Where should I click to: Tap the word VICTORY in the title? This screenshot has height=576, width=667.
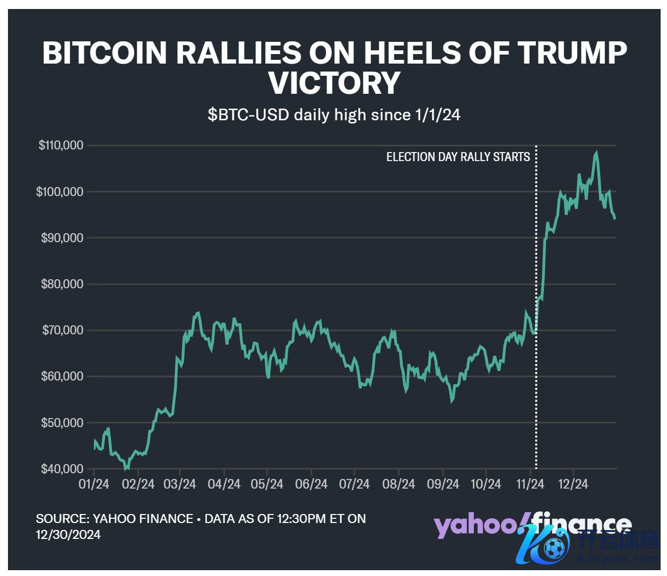[334, 83]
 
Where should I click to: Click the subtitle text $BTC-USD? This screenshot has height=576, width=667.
[249, 115]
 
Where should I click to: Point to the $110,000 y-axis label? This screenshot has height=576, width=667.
[61, 145]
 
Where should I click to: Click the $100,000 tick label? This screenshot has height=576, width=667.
[60, 192]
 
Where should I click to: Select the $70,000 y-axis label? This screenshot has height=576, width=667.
[63, 331]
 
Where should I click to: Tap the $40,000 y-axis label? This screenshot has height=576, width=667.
[63, 469]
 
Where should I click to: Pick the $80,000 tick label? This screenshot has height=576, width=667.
[63, 285]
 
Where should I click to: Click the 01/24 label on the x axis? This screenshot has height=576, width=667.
[94, 484]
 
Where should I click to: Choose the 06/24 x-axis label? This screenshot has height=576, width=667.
[311, 484]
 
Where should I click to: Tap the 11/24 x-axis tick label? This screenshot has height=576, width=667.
[530, 484]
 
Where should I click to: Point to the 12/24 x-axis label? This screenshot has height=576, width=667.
[573, 484]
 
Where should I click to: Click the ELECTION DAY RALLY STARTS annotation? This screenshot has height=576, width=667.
[458, 157]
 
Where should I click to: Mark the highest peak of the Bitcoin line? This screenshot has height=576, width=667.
[596, 153]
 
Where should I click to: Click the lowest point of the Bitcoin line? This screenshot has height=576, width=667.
[126, 468]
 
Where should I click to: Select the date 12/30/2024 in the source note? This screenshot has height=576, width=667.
[68, 534]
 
